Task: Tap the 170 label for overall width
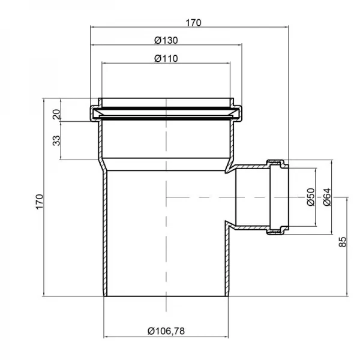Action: tap(193, 23)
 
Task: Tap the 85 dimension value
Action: tap(342, 242)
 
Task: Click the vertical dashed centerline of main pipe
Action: tap(165, 228)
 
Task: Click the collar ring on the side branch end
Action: tap(278, 197)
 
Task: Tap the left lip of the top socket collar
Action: tap(94, 112)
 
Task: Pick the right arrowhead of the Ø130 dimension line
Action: tap(239, 44)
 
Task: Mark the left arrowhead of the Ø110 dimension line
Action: tap(104, 62)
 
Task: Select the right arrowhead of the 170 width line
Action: tap(286, 27)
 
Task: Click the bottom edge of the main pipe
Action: tap(165, 296)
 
